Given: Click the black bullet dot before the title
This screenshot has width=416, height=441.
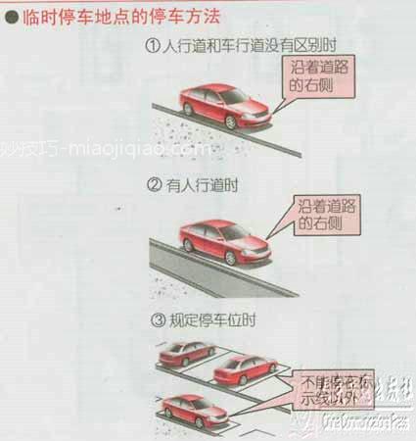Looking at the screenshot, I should click(11, 16).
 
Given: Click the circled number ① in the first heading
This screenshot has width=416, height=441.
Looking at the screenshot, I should click(153, 45).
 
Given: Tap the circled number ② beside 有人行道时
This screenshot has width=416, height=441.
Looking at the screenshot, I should click(153, 183).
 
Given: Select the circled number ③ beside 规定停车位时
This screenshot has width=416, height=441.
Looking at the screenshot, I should click(153, 320).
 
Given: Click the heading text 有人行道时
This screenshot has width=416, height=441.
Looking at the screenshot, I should click(196, 183).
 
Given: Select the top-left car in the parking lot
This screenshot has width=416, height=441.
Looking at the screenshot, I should click(187, 352).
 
